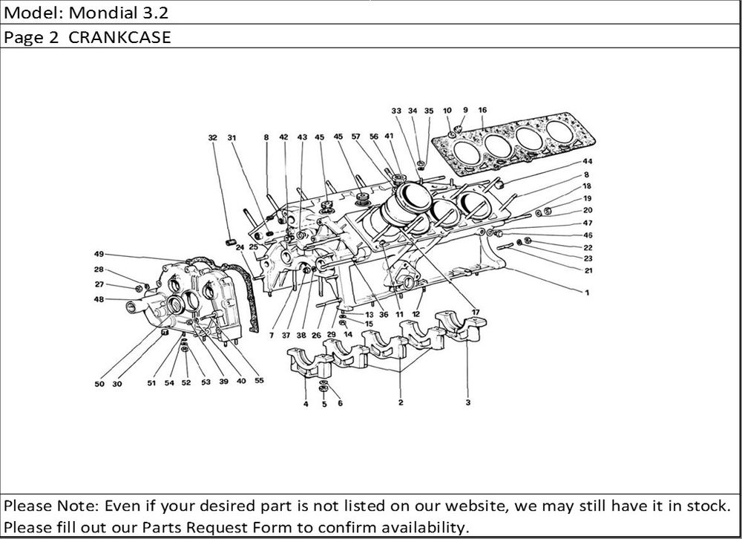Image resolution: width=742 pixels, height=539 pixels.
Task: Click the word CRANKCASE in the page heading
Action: [x=120, y=37]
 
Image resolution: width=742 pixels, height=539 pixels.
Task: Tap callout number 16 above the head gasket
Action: [x=482, y=111]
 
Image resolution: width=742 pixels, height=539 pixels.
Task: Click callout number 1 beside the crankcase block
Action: [x=586, y=293]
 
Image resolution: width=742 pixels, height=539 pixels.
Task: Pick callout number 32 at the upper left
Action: [x=213, y=137]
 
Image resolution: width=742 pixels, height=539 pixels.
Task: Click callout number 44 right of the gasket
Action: [x=587, y=161]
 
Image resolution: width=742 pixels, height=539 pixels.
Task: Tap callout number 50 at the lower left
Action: [x=99, y=384]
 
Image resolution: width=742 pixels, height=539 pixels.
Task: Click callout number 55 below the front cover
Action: [x=259, y=381]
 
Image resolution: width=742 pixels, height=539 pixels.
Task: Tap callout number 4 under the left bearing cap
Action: [x=306, y=405]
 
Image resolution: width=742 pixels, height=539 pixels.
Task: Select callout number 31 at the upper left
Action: [x=232, y=137]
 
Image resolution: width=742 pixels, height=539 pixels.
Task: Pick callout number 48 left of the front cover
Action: [x=99, y=299]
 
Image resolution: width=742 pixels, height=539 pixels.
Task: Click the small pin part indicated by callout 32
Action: [x=230, y=241]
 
